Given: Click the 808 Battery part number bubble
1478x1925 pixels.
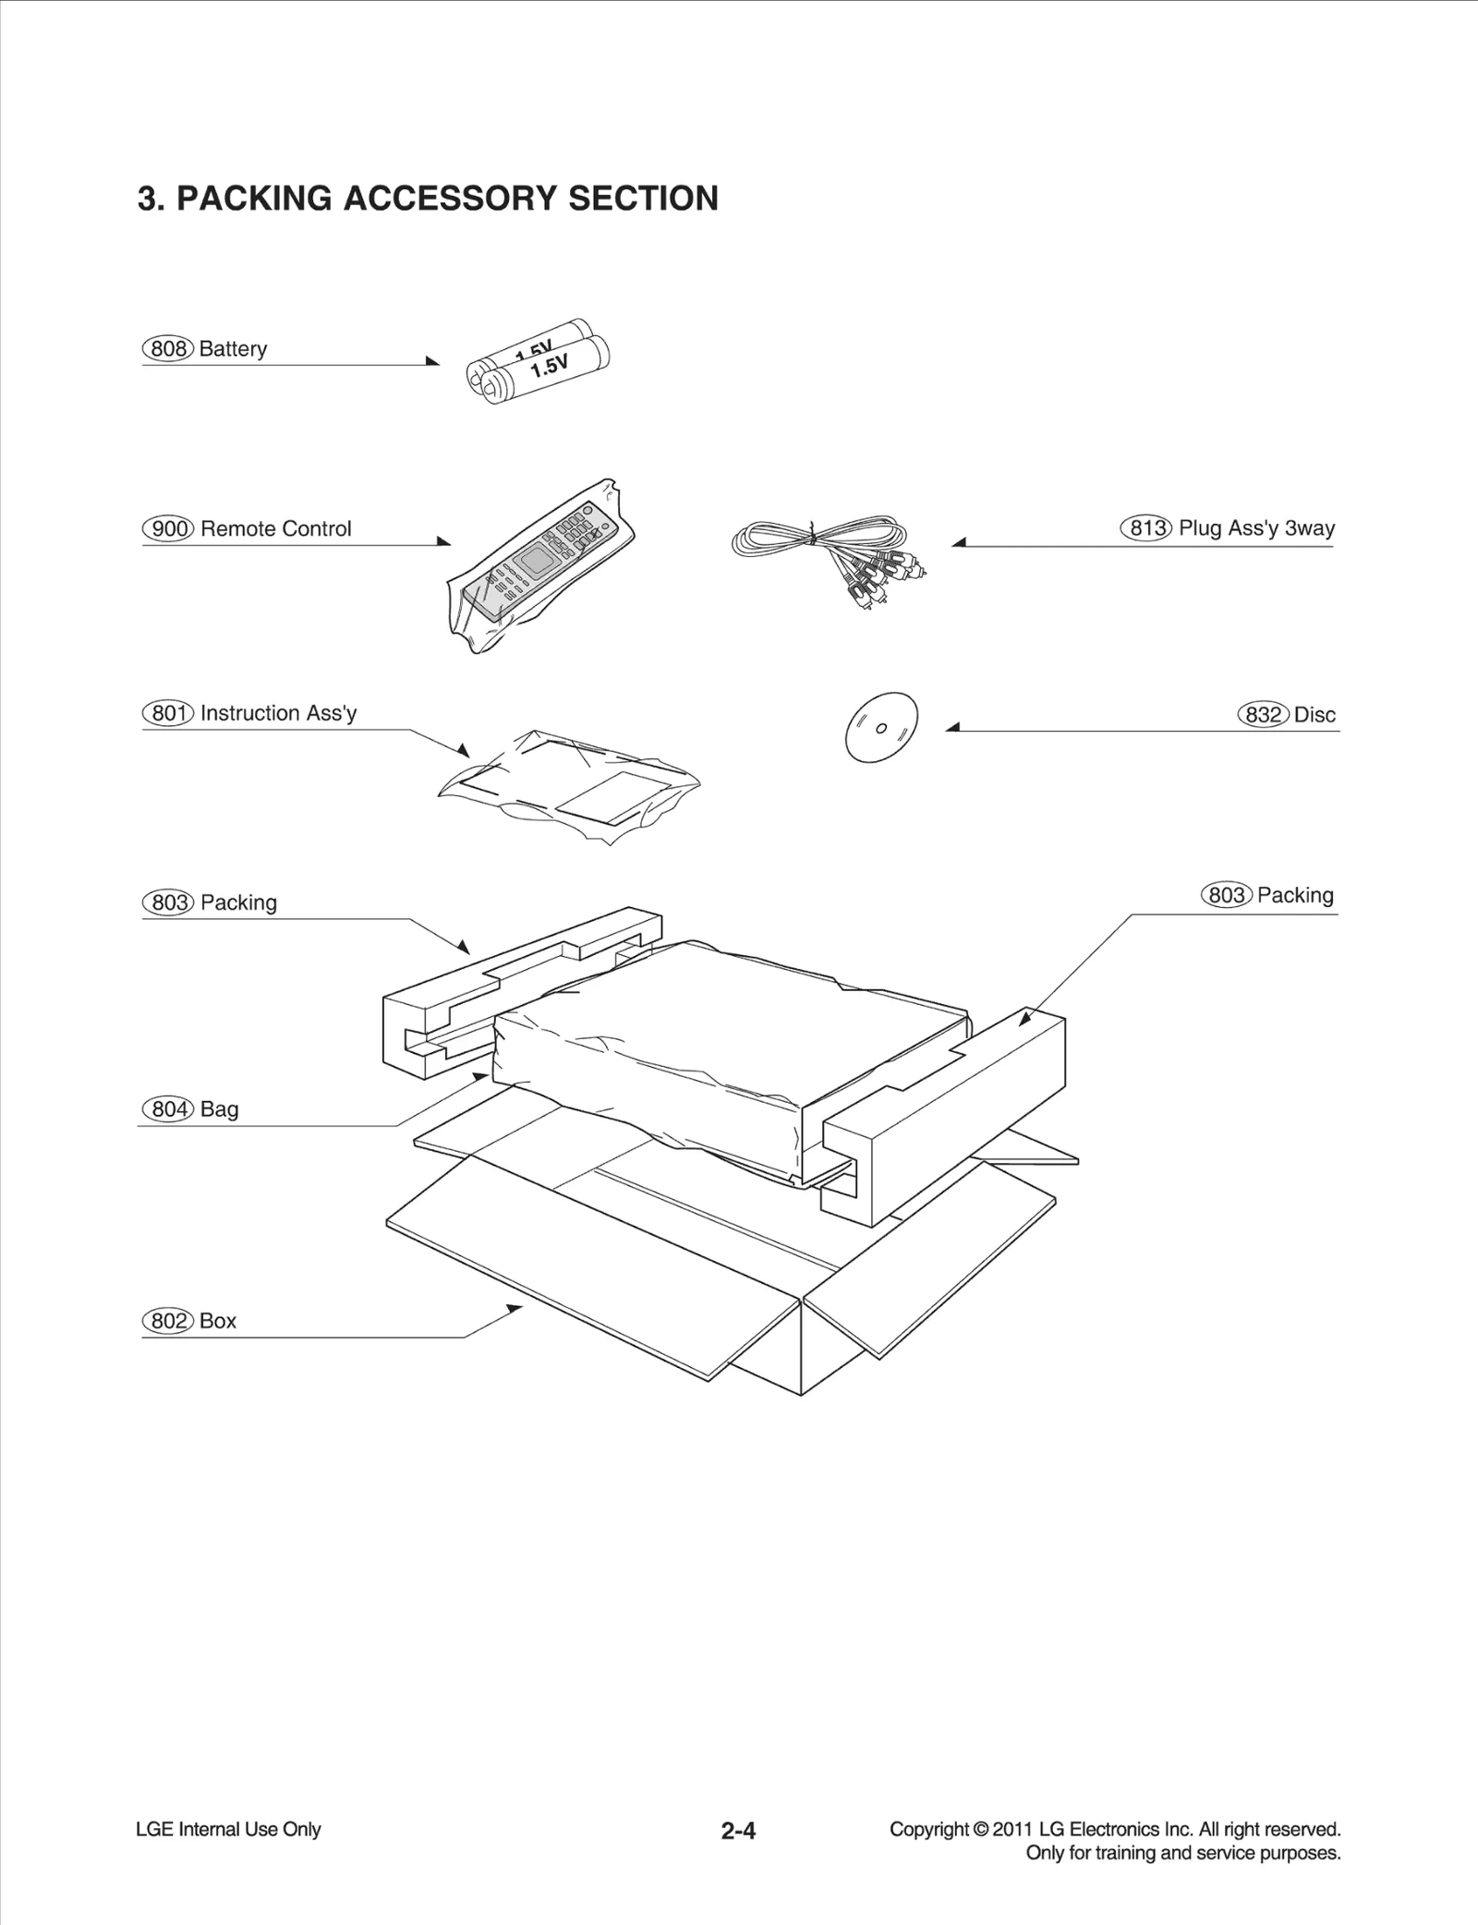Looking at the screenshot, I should click(x=168, y=349).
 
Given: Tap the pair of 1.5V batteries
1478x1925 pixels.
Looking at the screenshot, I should click(x=539, y=363).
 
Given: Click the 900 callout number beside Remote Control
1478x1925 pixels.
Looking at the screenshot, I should click(x=168, y=529).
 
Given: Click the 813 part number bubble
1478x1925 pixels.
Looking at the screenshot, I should click(x=1146, y=528).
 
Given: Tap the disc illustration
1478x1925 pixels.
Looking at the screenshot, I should click(x=881, y=727).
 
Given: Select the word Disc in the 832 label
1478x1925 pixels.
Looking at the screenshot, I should click(x=1314, y=715).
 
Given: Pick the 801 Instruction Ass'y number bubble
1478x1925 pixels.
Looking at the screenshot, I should click(x=168, y=713).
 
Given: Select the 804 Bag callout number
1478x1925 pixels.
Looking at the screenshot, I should click(x=168, y=1109).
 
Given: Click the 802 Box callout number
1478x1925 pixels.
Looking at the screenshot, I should click(x=168, y=1321).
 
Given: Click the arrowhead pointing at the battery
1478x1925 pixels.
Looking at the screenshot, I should click(x=433, y=361).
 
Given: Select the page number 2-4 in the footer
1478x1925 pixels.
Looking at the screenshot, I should click(x=738, y=1831).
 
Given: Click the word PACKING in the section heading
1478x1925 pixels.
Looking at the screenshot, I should click(x=254, y=199).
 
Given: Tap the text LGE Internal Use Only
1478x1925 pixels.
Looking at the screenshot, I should click(x=228, y=1829).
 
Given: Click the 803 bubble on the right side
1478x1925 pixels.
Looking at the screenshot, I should click(x=1227, y=895).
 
